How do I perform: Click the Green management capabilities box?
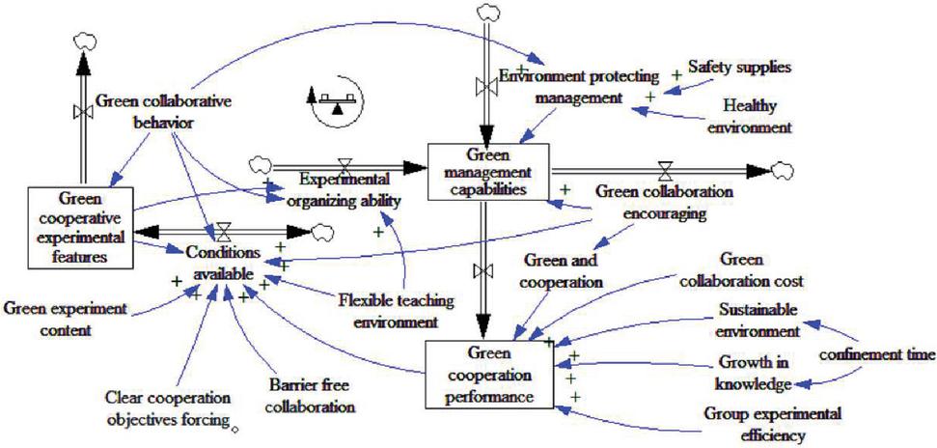pyautogui.click(x=489, y=173)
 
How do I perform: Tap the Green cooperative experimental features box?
pyautogui.click(x=80, y=227)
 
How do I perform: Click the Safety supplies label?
pyautogui.click(x=738, y=69)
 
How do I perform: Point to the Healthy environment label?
pyautogui.click(x=751, y=116)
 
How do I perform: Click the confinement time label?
pyautogui.click(x=876, y=355)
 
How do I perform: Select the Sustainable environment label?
pyautogui.click(x=758, y=322)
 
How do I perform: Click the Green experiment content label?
pyautogui.click(x=66, y=319)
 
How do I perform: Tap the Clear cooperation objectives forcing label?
pyautogui.click(x=169, y=408)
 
